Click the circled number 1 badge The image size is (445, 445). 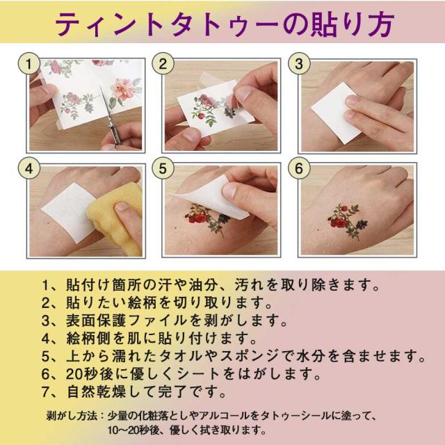29,63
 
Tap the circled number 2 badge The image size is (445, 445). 163,63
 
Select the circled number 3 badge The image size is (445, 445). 299,63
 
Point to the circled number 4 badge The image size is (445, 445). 29,168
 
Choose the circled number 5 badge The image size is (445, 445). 163,168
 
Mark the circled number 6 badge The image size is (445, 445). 299,168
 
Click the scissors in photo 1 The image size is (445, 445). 111,116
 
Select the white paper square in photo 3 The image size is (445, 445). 335,112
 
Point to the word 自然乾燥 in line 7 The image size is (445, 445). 97,391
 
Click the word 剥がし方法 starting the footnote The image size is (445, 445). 72,416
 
